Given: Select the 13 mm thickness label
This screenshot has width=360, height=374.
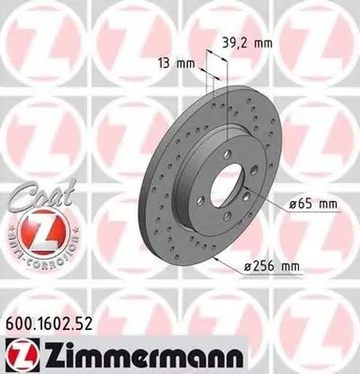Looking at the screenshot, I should (x=171, y=63).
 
